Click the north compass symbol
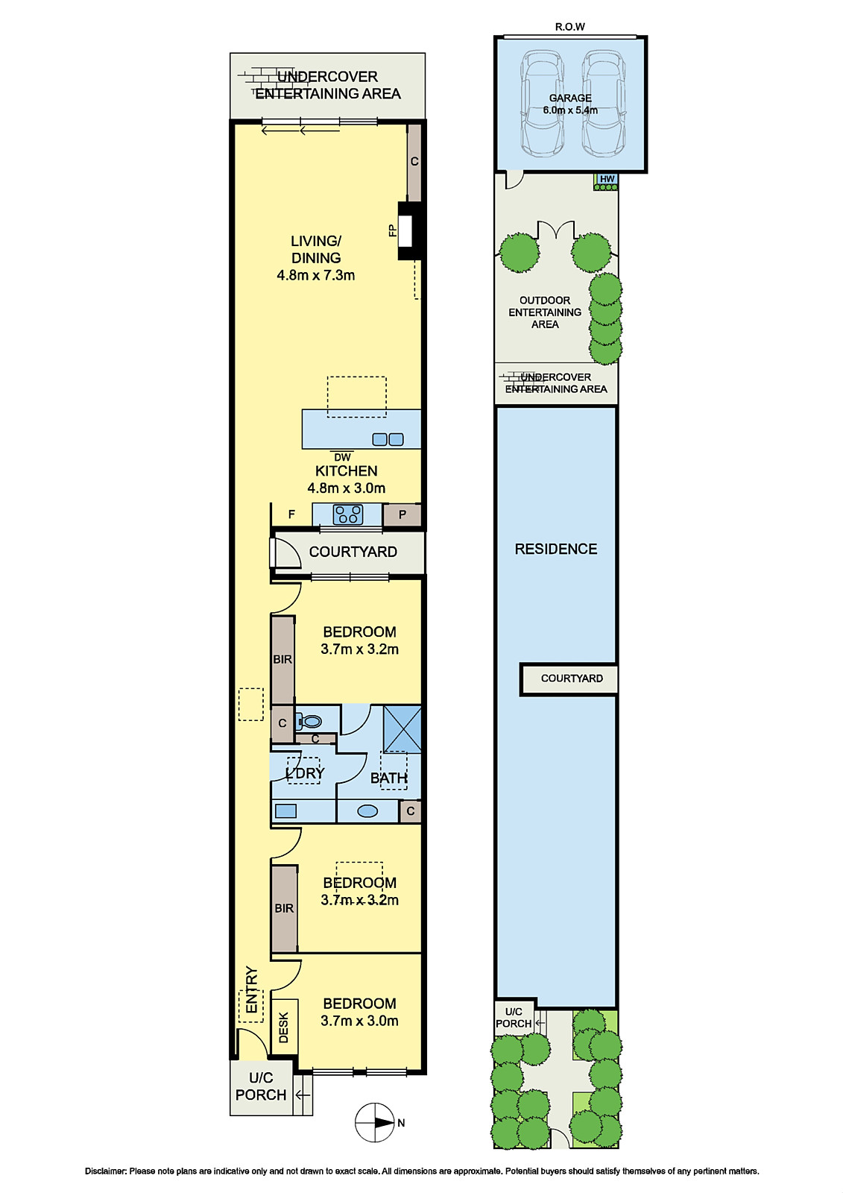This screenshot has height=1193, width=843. (x=376, y=1123)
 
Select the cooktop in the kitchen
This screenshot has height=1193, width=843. (x=348, y=515)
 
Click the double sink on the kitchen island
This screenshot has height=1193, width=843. (x=388, y=439)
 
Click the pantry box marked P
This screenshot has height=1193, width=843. (x=402, y=514)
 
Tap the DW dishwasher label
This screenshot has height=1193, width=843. (x=342, y=457)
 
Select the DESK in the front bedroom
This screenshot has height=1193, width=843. (x=284, y=1027)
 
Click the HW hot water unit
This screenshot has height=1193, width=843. (x=607, y=182)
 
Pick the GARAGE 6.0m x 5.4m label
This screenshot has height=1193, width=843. (x=570, y=104)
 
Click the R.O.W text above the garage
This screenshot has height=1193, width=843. (x=569, y=27)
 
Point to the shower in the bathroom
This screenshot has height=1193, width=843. (x=402, y=729)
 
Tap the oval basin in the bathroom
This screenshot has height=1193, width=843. (x=367, y=811)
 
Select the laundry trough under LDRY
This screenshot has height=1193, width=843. (x=285, y=811)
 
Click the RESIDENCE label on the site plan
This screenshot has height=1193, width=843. (x=555, y=549)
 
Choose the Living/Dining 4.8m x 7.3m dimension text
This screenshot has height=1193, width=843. (x=316, y=275)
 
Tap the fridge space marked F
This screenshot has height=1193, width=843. (x=292, y=514)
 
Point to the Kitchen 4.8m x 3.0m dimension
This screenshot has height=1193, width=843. (x=346, y=488)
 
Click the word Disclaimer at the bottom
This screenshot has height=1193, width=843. (x=105, y=1171)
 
